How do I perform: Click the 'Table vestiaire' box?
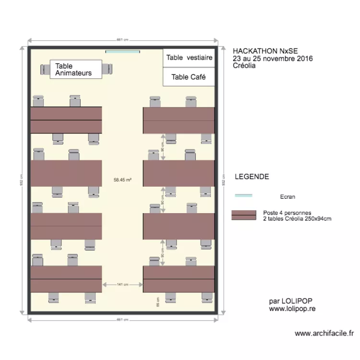(189, 58)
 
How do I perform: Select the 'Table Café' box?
(189, 77)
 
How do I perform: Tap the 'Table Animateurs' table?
(76, 69)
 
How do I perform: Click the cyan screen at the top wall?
(122, 51)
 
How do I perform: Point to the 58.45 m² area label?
(122, 180)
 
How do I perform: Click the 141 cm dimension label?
(122, 285)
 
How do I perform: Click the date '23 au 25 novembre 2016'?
(272, 58)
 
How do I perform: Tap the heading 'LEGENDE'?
(252, 177)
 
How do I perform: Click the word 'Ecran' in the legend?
(288, 196)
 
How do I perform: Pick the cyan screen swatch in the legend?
(243, 196)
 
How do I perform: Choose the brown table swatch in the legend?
(244, 215)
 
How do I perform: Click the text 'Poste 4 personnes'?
(287, 213)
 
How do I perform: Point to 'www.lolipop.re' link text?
(292, 309)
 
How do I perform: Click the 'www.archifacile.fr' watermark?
(324, 333)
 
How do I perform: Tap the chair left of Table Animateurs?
(45, 70)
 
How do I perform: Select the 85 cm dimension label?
(157, 301)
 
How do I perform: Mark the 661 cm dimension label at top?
(122, 40)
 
